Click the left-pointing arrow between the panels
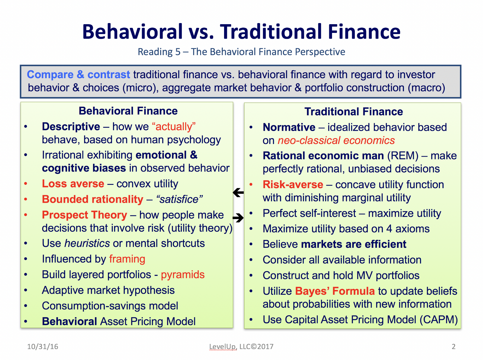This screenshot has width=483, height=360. (x=238, y=193)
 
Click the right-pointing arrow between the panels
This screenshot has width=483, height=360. (x=238, y=217)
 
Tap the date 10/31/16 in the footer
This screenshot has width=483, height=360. (x=43, y=346)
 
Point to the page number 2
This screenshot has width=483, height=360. (x=453, y=346)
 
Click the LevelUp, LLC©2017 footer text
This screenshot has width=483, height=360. (x=241, y=346)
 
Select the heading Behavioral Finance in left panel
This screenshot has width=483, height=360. (x=128, y=111)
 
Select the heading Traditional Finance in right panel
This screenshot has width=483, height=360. (x=354, y=112)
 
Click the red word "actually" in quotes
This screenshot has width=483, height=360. (x=174, y=127)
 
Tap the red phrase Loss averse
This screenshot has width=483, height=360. (x=73, y=184)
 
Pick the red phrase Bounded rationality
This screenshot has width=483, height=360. (x=92, y=199)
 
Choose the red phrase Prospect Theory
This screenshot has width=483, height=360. (x=85, y=215)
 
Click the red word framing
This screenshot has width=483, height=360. (x=127, y=259)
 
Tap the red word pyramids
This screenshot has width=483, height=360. (x=183, y=274)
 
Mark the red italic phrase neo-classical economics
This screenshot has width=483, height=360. (x=336, y=140)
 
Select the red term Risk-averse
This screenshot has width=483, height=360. (x=293, y=184)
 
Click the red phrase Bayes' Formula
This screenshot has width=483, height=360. (x=335, y=291)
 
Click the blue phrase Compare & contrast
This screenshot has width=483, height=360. (x=78, y=75)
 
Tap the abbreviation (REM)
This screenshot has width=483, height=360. (x=403, y=156)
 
